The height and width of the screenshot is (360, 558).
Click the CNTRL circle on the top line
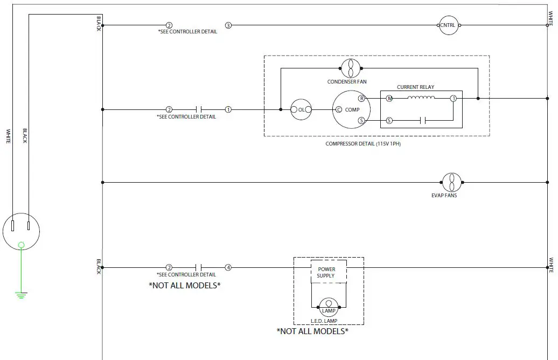coord(448,25)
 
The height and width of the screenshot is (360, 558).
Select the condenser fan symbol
coord(351,68)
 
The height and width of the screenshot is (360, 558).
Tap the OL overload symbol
coord(301,109)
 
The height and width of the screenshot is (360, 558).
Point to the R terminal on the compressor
coord(361,99)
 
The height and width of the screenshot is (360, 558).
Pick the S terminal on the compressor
coord(361,121)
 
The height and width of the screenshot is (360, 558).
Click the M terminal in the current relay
coord(389,99)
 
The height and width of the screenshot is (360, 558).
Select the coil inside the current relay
coord(422,98)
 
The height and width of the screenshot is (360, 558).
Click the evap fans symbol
coord(451,183)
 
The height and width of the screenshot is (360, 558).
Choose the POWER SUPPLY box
coord(326,272)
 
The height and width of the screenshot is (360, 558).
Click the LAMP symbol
coord(329,306)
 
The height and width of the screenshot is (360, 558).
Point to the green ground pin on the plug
coord(21,245)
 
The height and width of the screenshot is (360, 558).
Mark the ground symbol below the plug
coord(21,295)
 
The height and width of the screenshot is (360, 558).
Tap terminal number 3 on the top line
coord(228,25)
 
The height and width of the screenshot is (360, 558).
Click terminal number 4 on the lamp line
coord(228,267)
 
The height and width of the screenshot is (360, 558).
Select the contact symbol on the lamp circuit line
coord(198,267)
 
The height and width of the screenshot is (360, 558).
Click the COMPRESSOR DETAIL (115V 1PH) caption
coord(363,144)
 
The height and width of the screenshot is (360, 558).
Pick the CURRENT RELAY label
coord(415,87)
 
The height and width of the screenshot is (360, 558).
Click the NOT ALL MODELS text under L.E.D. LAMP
coord(312,331)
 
